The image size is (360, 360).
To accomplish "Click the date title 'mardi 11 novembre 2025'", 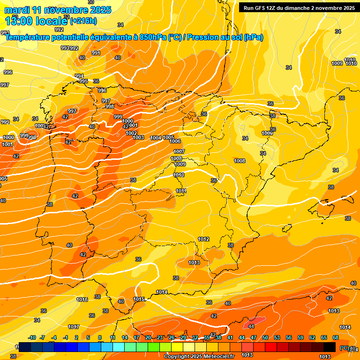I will click(x=57, y=10).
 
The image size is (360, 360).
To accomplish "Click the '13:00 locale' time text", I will click(x=37, y=21).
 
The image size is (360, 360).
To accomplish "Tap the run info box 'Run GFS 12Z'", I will click(x=299, y=7).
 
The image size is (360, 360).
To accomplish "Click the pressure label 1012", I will click(x=203, y=239).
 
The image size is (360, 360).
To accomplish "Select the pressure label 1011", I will click(x=181, y=191).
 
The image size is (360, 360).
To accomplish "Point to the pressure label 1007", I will click(x=179, y=151).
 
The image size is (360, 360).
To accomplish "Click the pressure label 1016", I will click(x=82, y=300).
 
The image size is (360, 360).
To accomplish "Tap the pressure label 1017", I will click(x=74, y=327).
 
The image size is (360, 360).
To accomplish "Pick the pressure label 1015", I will click(x=138, y=299).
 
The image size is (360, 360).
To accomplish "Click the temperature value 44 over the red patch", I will click(x=251, y=326).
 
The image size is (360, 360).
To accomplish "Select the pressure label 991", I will click(x=96, y=53).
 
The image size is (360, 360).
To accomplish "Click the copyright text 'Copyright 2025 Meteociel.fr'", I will click(x=199, y=356).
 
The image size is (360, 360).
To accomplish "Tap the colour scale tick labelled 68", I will click(x=336, y=337).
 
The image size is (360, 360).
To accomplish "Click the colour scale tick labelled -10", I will click(x=32, y=337).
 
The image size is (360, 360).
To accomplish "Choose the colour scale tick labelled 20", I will click(x=148, y=337).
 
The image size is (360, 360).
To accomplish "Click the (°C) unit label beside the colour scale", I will click(x=345, y=348).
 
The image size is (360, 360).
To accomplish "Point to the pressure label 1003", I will click(x=138, y=137).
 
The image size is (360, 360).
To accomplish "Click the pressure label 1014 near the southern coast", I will click(x=162, y=292).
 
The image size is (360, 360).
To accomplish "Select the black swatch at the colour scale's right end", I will click(x=330, y=347).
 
